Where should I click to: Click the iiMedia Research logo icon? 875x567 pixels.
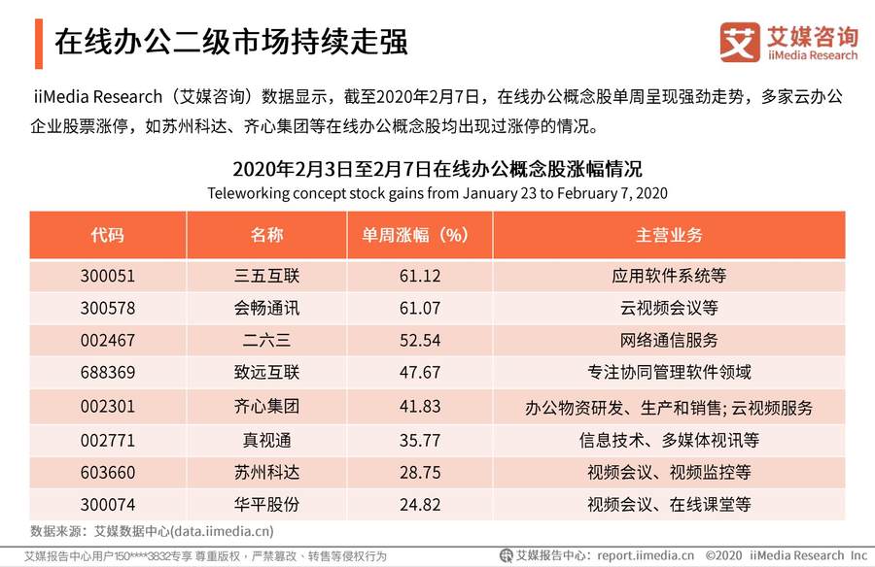(x=739, y=41)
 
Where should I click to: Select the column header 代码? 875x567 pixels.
(x=108, y=236)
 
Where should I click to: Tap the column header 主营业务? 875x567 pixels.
(x=669, y=236)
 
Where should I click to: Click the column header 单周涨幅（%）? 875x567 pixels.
(x=420, y=236)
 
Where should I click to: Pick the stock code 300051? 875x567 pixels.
(x=108, y=276)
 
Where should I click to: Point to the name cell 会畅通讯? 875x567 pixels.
(x=266, y=309)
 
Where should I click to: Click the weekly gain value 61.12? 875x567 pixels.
(x=420, y=276)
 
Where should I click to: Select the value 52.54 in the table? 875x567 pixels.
(x=420, y=341)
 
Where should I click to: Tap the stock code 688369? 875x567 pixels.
(x=108, y=373)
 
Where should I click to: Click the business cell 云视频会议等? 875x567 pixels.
(x=669, y=309)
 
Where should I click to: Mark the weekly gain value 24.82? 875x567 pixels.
(x=420, y=505)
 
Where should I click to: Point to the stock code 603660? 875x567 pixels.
(x=108, y=473)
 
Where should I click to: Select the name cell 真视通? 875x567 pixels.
(x=266, y=440)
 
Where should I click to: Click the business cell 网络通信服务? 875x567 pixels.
(x=669, y=341)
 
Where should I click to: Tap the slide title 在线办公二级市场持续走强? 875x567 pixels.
(x=229, y=42)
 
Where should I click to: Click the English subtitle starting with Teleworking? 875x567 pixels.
(x=437, y=192)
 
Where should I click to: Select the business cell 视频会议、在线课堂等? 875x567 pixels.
(x=669, y=505)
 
